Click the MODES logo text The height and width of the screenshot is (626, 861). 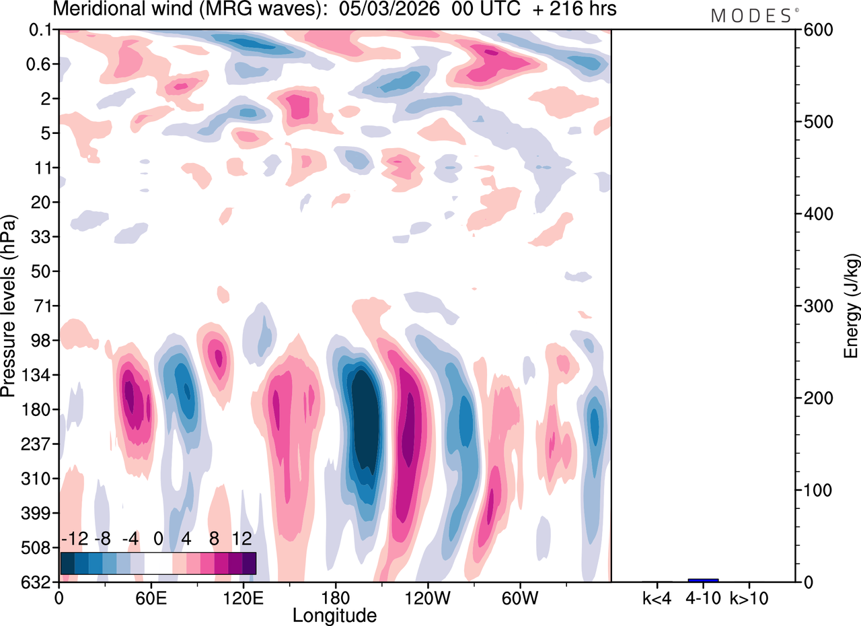tap(751, 16)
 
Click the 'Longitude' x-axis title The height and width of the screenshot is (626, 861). tap(334, 615)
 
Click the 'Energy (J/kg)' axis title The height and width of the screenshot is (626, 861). tap(852, 306)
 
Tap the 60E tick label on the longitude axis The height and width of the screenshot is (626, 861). tap(151, 597)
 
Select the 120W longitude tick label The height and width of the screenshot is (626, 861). tap(427, 597)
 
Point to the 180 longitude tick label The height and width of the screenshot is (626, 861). tap(335, 597)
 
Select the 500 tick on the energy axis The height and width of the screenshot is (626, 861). tap(814, 122)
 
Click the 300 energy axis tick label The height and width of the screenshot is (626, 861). tap(814, 306)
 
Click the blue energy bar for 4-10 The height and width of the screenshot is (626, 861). tap(703, 580)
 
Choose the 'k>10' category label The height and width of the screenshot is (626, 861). tap(749, 597)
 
